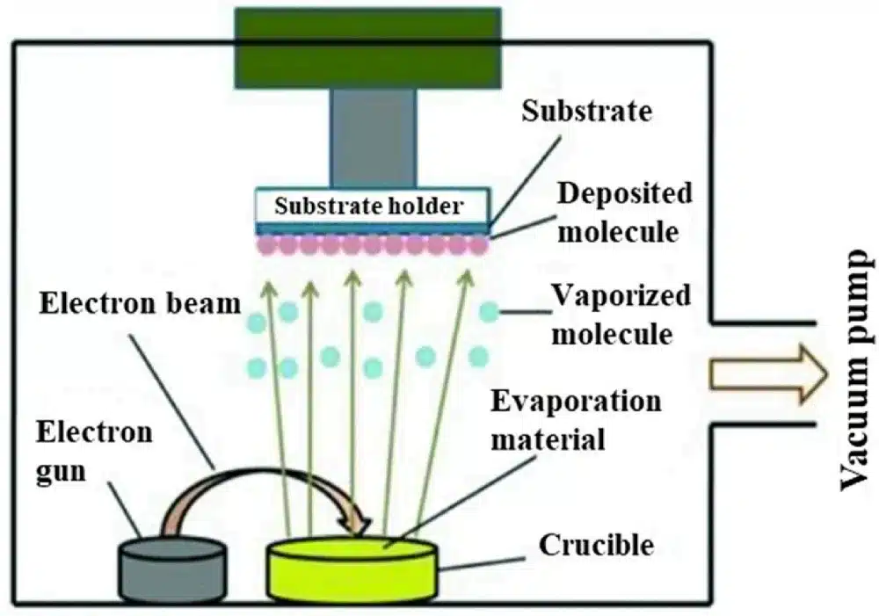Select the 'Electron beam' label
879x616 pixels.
coord(139,304)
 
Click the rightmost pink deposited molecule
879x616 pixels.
coord(478,243)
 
